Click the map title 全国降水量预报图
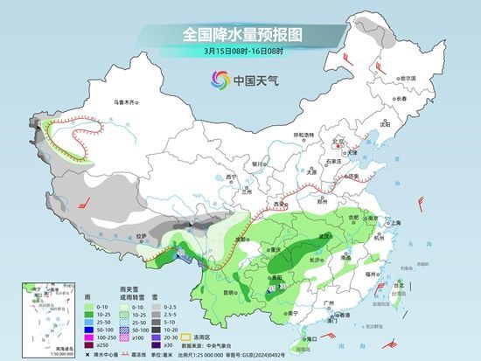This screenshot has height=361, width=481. (x=240, y=35)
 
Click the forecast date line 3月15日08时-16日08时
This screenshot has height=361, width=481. (x=240, y=52)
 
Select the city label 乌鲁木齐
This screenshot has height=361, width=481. (x=127, y=103)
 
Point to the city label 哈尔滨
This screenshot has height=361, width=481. (x=405, y=78)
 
